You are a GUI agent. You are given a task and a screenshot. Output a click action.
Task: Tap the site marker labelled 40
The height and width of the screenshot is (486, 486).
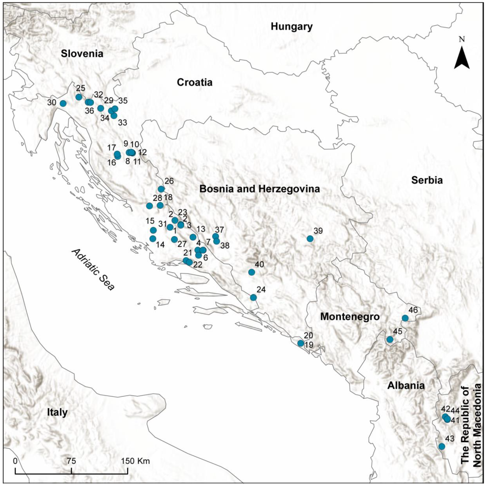click(251, 272)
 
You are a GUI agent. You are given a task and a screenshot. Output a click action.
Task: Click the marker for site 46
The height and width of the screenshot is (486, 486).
click(405, 318)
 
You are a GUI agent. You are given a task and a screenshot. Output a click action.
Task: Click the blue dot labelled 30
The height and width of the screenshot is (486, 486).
click(63, 103)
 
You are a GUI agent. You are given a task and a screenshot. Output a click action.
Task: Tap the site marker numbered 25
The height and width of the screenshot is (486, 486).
click(79, 97)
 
